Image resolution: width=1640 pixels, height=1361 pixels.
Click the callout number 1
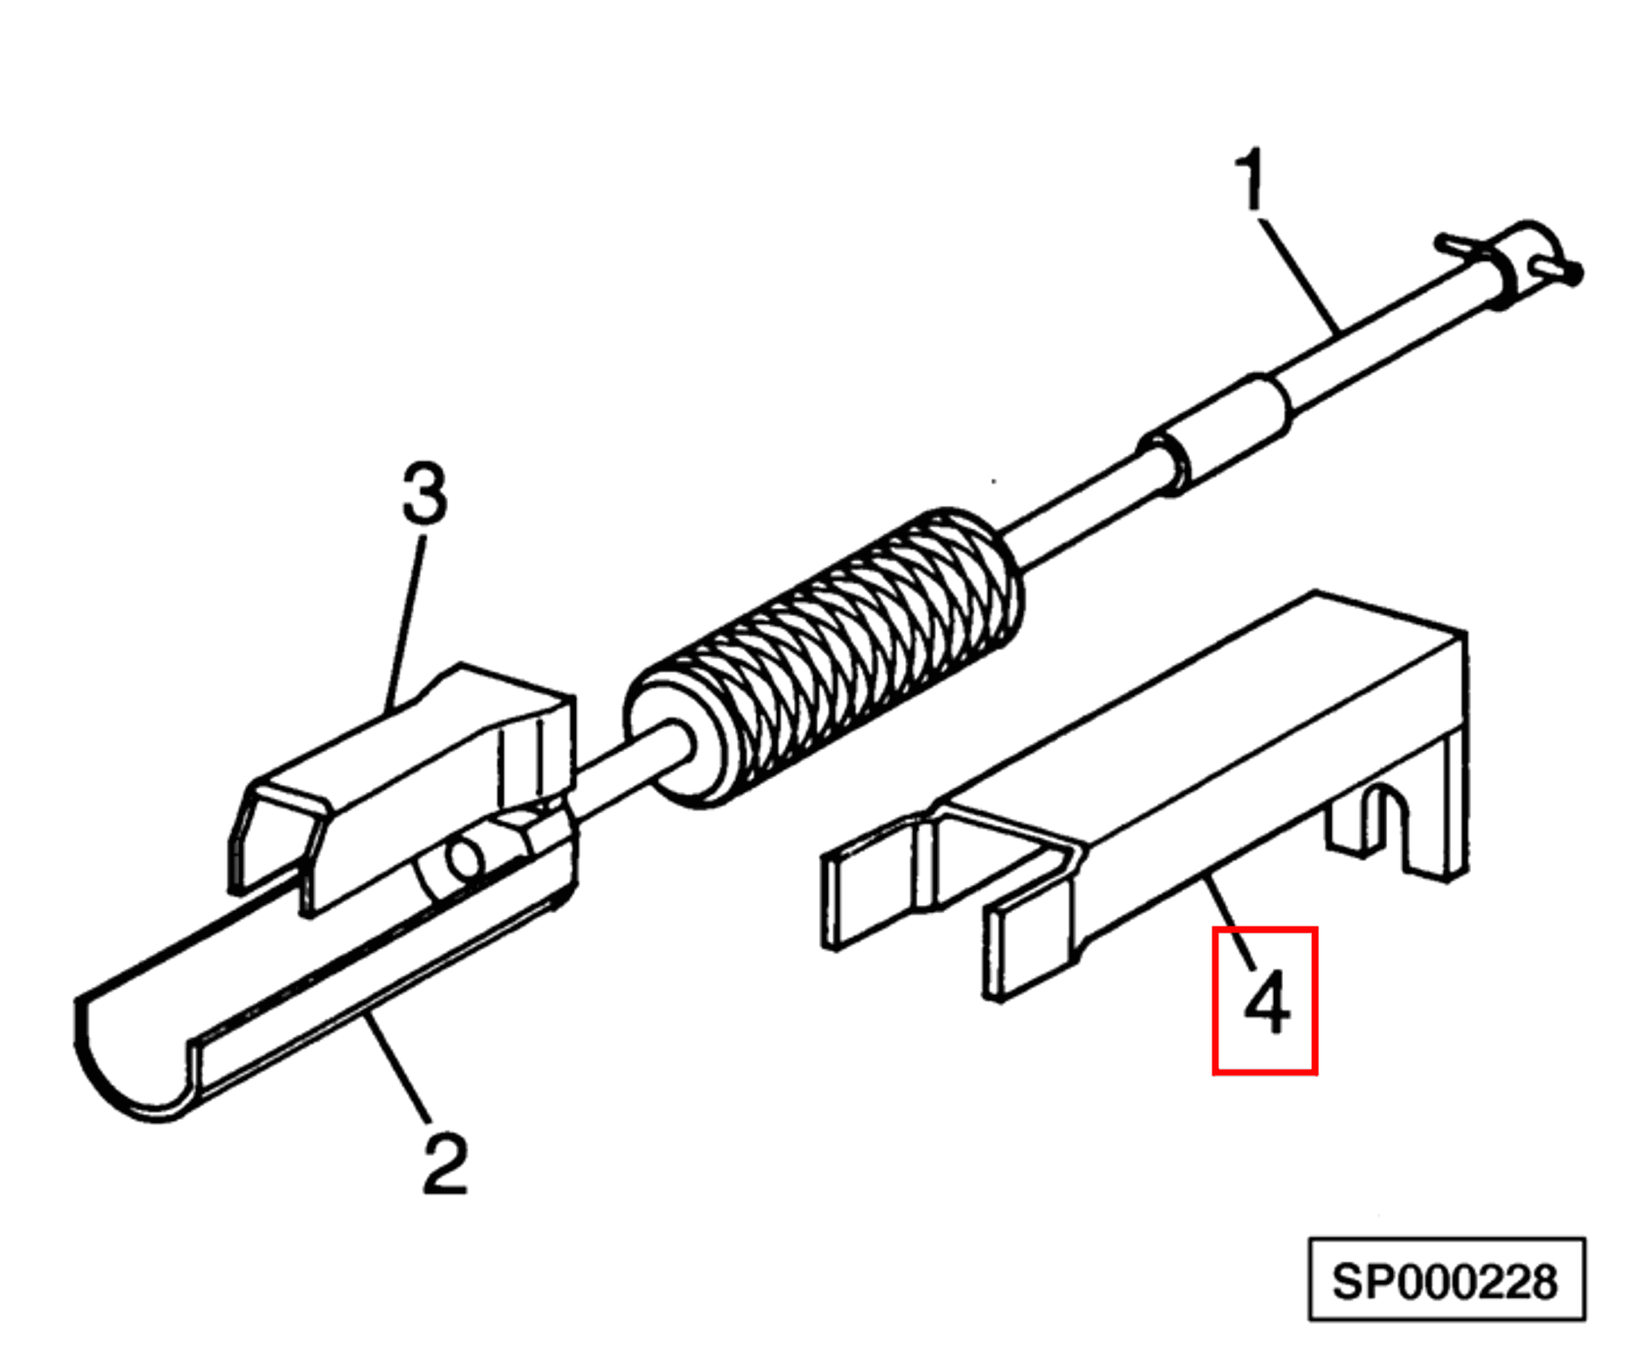(x=1250, y=180)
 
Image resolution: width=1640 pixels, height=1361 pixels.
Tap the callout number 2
(x=445, y=1163)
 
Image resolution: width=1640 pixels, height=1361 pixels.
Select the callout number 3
(x=425, y=493)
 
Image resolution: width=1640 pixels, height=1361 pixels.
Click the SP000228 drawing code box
(x=1446, y=1281)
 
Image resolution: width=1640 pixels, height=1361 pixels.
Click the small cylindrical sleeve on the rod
(x=1220, y=430)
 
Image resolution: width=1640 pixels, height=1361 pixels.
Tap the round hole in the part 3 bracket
(x=465, y=860)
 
